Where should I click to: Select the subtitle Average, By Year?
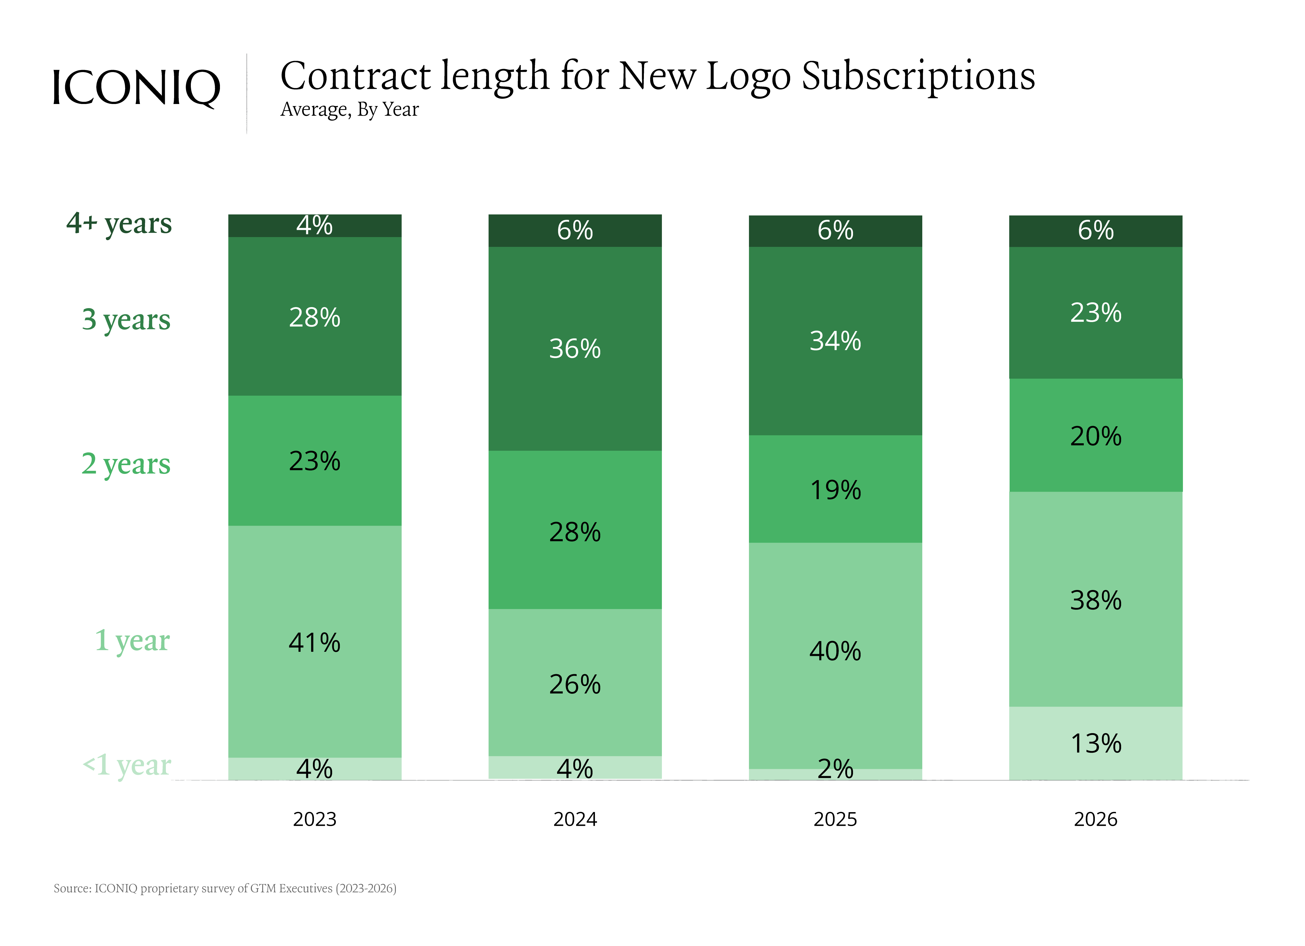349,109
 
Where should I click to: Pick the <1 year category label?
127,765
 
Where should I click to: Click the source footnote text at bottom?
225,889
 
